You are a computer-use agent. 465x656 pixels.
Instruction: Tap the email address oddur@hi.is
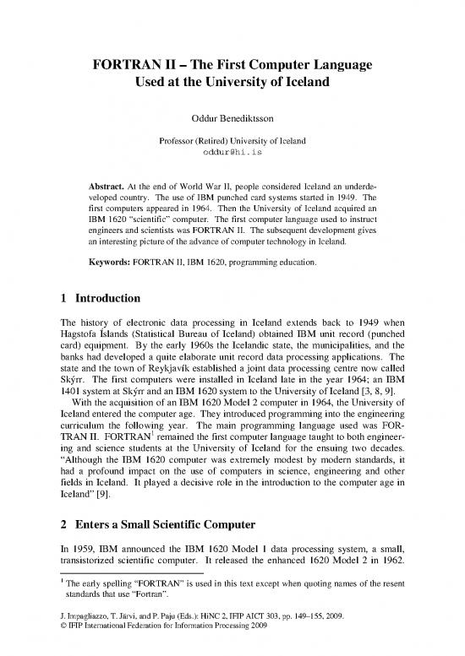(232, 150)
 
